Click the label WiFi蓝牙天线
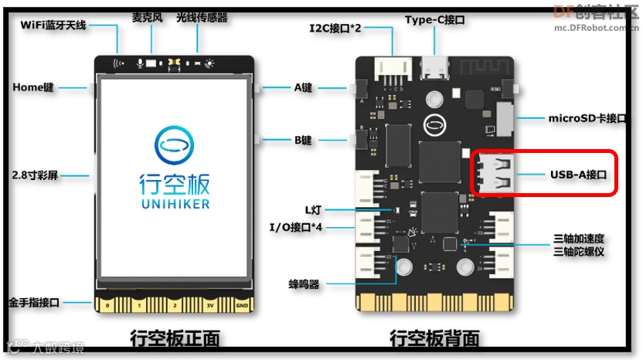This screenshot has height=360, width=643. tap(53, 25)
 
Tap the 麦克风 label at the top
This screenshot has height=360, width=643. tap(147, 17)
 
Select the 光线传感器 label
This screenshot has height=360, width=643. tap(202, 17)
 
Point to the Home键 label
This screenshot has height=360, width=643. tap(33, 87)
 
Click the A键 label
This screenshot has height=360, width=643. tap(303, 88)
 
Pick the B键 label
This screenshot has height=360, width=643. tap(302, 141)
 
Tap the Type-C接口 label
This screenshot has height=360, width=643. tap(435, 19)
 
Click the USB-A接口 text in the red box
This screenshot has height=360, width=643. tap(579, 175)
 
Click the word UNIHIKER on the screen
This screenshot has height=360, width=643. tap(175, 203)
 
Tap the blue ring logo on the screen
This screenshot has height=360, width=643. tap(175, 144)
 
